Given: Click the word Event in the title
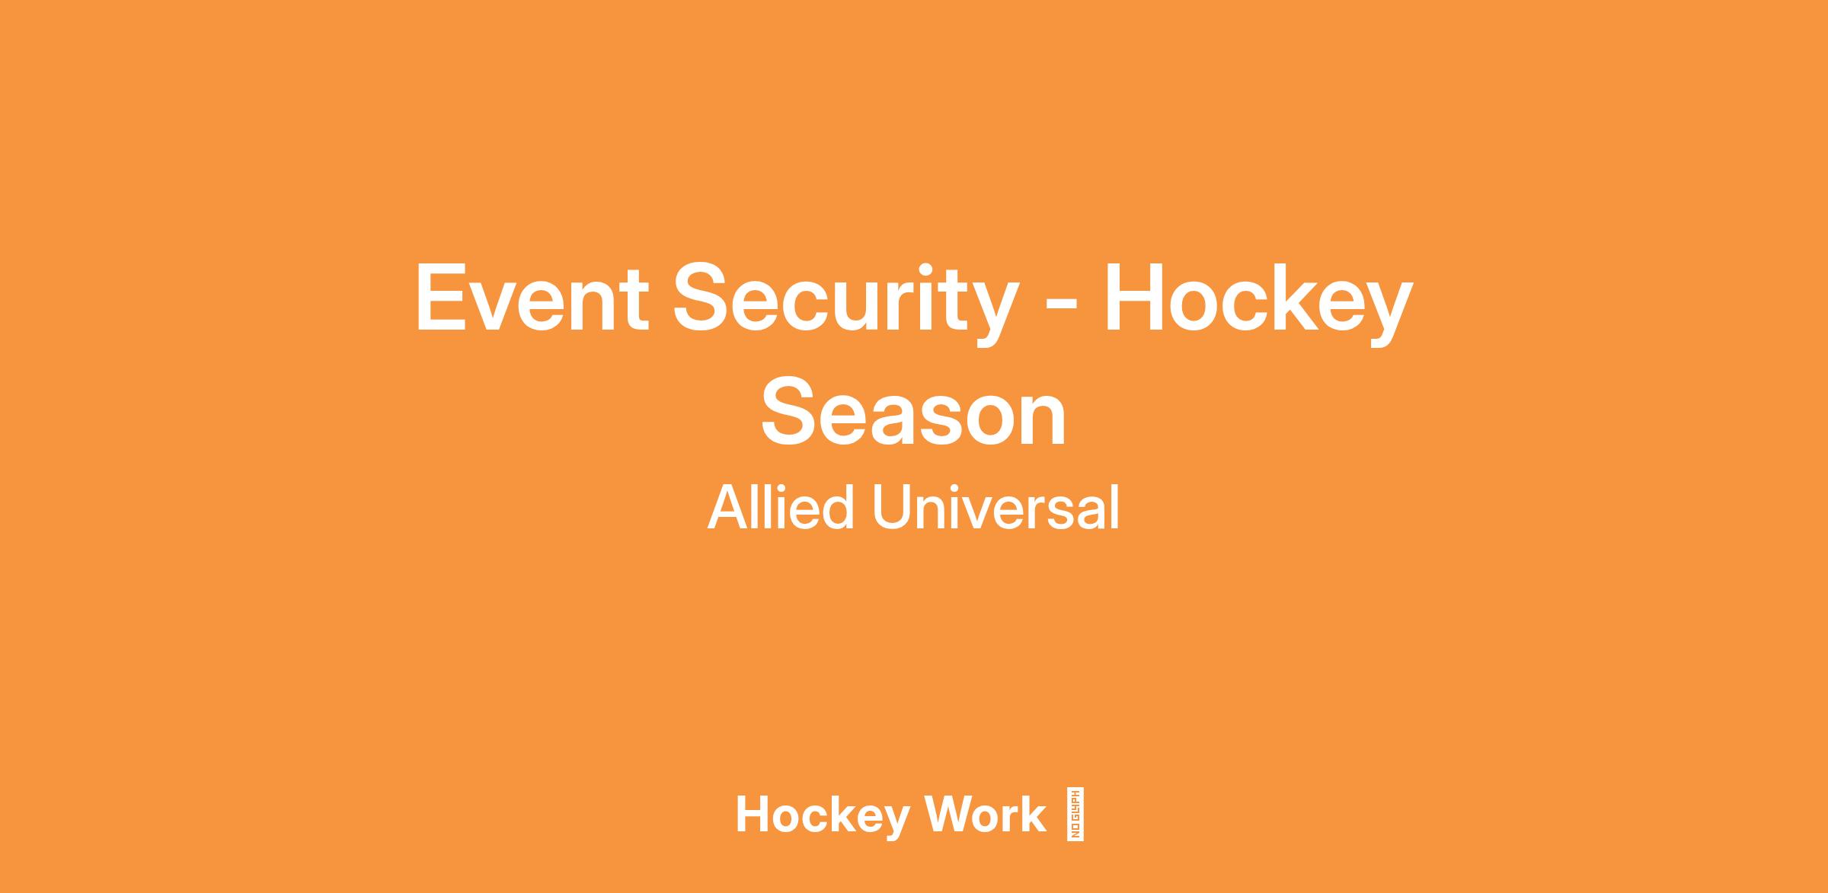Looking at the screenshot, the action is (532, 298).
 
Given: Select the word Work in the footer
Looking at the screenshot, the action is (986, 815).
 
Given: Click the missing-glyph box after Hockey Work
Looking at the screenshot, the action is (1076, 814).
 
